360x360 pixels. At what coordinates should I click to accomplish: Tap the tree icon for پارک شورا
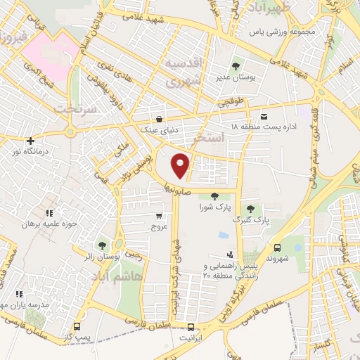pos(214,196)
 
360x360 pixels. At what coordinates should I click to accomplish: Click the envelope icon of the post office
pos(264,115)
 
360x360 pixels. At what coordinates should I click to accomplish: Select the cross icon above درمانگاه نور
pos(30,141)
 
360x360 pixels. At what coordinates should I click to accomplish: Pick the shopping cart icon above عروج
pos(160,216)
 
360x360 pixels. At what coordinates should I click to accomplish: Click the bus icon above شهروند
pos(278,247)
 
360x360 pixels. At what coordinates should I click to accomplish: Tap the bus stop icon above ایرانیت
pos(191,327)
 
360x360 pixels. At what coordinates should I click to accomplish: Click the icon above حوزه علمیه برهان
pos(49,213)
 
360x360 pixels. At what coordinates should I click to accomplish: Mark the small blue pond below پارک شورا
pos(224,234)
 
